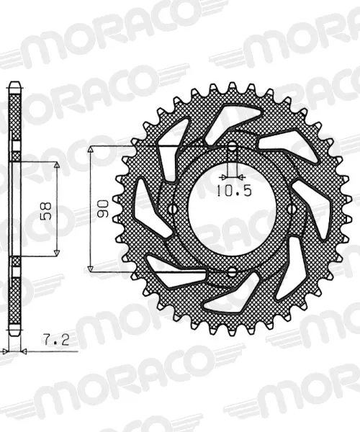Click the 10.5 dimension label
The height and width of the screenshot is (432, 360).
pyautogui.click(x=234, y=191)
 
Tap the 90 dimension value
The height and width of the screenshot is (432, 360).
pyautogui.click(x=103, y=209)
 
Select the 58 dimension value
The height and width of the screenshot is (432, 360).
pyautogui.click(x=46, y=211)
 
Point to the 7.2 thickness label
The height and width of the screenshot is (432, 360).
pyautogui.click(x=56, y=340)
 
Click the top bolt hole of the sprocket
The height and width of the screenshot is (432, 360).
pyautogui.click(x=233, y=147)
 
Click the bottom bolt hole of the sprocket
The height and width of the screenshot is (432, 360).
pyautogui.click(x=233, y=272)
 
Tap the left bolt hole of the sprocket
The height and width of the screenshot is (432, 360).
pyautogui.click(x=174, y=210)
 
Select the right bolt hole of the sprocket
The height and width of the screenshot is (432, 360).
pyautogui.click(x=291, y=210)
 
